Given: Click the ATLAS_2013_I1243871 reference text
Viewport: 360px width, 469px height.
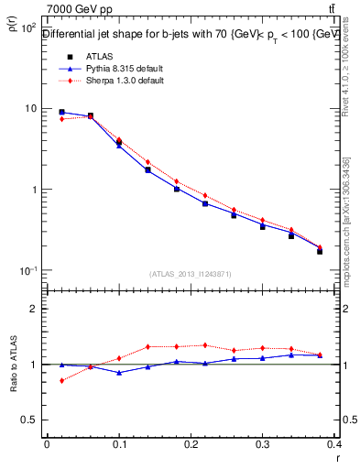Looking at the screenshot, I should coord(191,274).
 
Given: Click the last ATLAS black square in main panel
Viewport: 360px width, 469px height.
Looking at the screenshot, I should coord(320,250).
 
